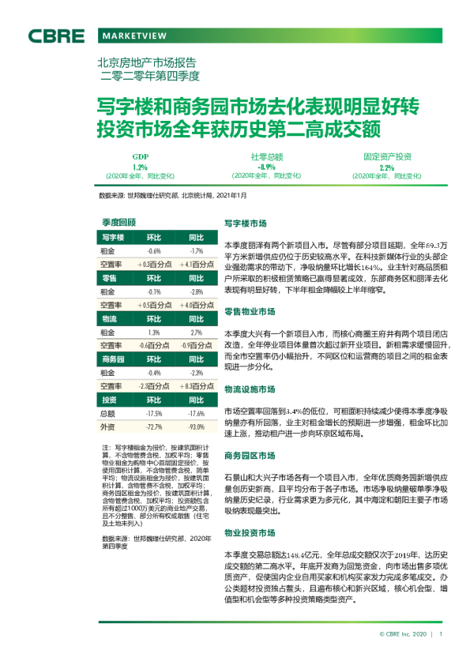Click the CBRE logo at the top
[x=56, y=36]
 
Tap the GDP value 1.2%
[x=140, y=167]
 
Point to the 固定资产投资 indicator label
[x=387, y=157]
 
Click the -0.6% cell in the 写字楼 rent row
[x=154, y=251]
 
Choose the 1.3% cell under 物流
[x=154, y=333]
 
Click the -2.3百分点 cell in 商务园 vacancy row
[x=154, y=387]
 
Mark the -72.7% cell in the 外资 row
[x=154, y=427]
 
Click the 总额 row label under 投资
[x=108, y=414]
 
